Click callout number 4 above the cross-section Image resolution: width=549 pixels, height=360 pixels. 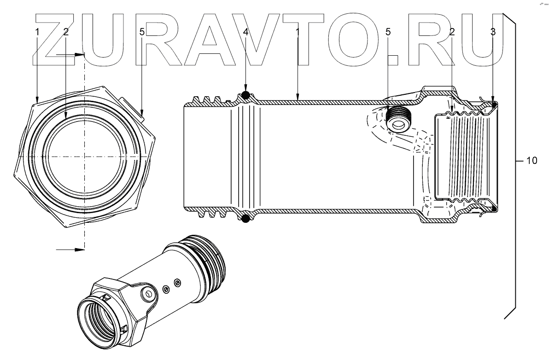(246, 32)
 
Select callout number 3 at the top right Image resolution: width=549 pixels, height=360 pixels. (493, 32)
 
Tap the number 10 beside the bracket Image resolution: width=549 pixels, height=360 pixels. (531, 161)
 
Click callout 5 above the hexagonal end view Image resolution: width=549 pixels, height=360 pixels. (142, 32)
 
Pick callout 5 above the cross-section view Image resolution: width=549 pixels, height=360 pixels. (388, 32)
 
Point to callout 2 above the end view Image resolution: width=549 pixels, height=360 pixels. (66, 32)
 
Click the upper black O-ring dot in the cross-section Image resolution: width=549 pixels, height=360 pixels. (246, 95)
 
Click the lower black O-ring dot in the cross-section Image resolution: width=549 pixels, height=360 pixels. (246, 219)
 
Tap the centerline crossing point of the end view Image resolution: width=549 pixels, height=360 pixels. (84, 157)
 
